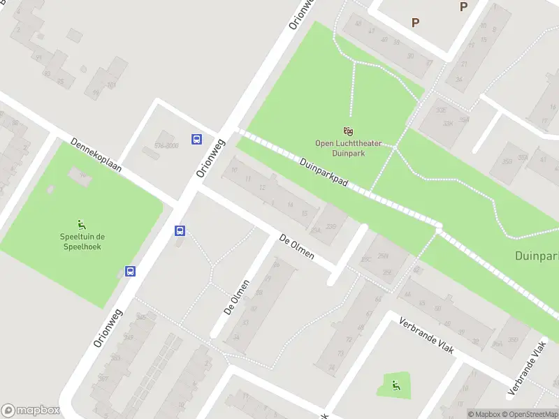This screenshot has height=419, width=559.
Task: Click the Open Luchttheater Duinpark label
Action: (x=348, y=147)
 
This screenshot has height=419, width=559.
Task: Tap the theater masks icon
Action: (x=348, y=131)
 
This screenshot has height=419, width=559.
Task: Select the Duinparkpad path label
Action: (x=324, y=174)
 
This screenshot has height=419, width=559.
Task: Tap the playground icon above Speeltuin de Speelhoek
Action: (x=81, y=224)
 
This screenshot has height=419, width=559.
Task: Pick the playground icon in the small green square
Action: (x=395, y=383)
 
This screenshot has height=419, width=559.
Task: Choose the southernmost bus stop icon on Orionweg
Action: (x=131, y=271)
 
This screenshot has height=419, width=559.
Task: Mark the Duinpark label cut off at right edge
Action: (x=537, y=256)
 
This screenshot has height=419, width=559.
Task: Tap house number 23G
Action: (x=332, y=226)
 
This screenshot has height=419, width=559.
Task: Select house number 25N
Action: (x=383, y=256)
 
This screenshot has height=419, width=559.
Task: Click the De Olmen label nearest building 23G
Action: (x=296, y=247)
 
